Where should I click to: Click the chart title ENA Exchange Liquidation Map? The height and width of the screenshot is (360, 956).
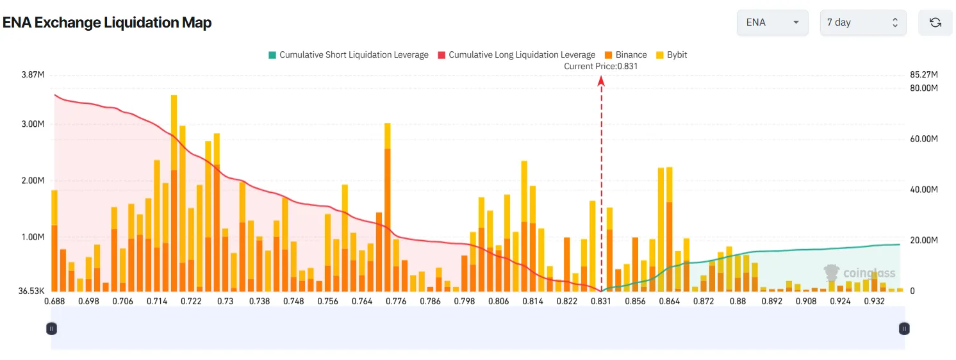[x=107, y=22]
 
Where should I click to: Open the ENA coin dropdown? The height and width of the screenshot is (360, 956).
[x=773, y=22]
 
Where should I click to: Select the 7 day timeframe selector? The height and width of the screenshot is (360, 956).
[x=862, y=22]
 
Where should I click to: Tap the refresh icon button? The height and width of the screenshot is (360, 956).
[x=935, y=22]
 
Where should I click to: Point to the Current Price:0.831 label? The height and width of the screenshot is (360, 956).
[x=601, y=66]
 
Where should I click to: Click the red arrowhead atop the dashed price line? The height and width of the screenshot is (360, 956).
[x=601, y=80]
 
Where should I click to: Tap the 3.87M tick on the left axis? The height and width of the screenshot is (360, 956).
[x=33, y=75]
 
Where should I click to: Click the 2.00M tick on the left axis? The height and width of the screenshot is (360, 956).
[x=33, y=181]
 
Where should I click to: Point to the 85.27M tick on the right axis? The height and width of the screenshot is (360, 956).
[x=923, y=75]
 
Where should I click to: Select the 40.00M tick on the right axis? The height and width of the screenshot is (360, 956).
[x=923, y=190]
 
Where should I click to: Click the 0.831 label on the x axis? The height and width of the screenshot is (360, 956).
[x=600, y=301]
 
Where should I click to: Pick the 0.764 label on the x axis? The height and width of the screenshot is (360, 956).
[x=362, y=301]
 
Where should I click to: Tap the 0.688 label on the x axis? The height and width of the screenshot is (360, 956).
[x=54, y=301]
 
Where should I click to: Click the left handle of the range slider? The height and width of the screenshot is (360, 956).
[x=52, y=329]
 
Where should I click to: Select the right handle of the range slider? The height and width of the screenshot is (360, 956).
[x=903, y=329]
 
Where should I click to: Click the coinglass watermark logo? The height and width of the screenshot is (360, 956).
[x=860, y=274]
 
